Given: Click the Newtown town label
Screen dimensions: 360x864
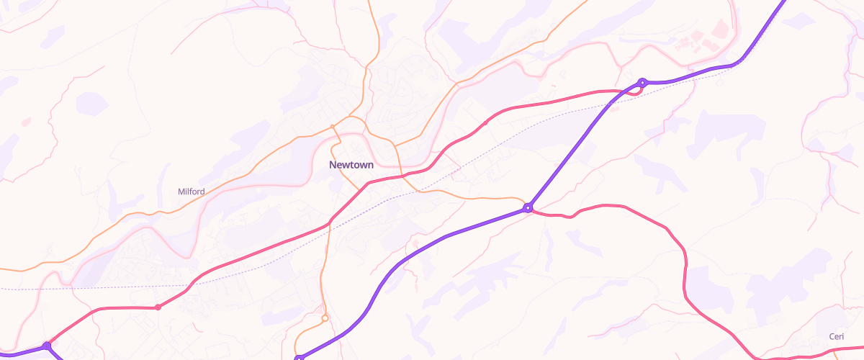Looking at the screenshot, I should (351, 165).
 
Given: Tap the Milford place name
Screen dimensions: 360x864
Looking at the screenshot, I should (192, 192).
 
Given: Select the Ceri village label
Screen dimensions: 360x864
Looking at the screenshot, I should (836, 337).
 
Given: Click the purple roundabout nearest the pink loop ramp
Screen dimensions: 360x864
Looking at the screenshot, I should (642, 82).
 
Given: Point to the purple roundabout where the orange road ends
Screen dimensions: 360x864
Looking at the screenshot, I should (528, 208).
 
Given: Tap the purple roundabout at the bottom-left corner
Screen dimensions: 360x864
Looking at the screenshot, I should (47, 346).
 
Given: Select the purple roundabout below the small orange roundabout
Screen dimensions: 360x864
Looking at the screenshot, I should (299, 357).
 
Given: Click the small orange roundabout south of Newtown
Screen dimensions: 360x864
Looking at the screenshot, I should (325, 318).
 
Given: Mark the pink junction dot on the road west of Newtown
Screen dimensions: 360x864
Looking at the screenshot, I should (158, 307).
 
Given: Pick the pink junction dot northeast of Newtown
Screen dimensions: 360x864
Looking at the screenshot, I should (485, 123).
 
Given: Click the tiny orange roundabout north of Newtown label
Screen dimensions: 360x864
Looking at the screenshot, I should (332, 127).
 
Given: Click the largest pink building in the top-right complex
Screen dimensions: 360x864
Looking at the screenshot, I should (720, 29).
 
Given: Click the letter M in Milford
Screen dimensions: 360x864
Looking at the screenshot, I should (181, 192).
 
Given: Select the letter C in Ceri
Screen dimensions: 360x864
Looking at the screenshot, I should (832, 337).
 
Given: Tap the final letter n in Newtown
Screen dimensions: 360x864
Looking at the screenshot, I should (370, 165).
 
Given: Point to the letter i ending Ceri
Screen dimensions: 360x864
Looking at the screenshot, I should (842, 337).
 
